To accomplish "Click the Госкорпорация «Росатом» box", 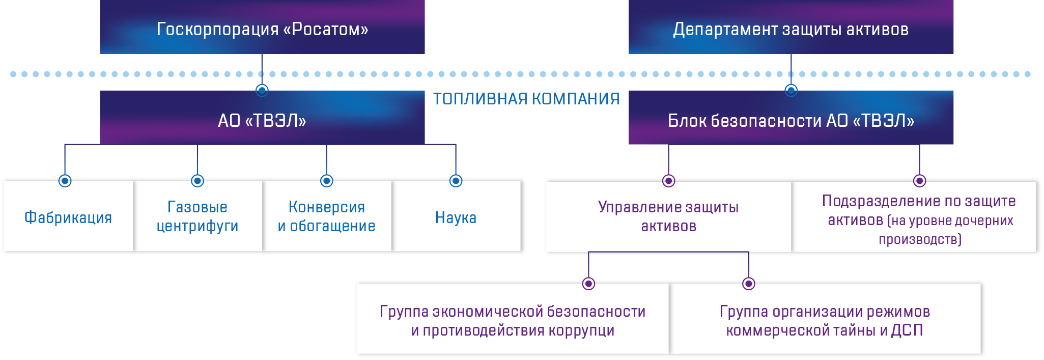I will [x=262, y=28].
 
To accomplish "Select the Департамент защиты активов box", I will [x=791, y=28].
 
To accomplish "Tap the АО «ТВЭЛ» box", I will [x=262, y=120].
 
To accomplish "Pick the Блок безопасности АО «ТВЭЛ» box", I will [x=791, y=120].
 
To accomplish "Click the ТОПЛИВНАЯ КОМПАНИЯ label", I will [x=526, y=99].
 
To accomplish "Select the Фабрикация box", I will [x=68, y=217].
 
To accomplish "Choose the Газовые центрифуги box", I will [x=197, y=216].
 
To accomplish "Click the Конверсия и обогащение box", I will [x=327, y=216].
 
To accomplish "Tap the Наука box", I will [x=456, y=217].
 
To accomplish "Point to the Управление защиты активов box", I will [x=668, y=216].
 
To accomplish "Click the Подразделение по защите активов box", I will [x=919, y=219].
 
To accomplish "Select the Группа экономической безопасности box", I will [x=513, y=320].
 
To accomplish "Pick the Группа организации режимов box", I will [x=825, y=320].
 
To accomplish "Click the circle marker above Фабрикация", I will [x=65, y=181].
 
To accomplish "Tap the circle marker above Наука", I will [x=456, y=181].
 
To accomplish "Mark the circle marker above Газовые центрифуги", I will [x=197, y=181].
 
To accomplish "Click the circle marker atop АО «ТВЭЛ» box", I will [x=262, y=91].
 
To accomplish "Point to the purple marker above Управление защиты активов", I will [x=668, y=181].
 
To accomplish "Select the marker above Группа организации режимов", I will [x=748, y=284].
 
